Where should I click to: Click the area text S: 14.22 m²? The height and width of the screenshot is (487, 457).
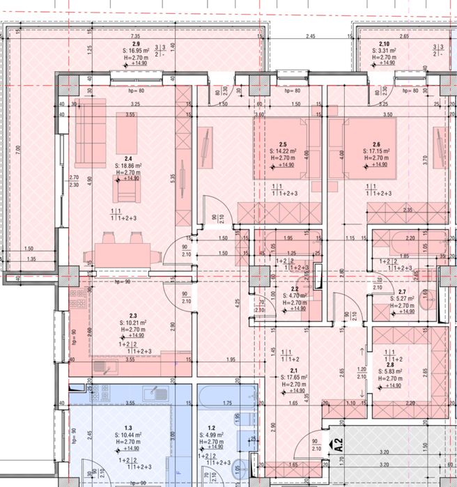[284, 151]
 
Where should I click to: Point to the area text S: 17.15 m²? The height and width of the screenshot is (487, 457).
[375, 151]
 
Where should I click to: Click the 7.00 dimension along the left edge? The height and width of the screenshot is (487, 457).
[20, 148]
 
